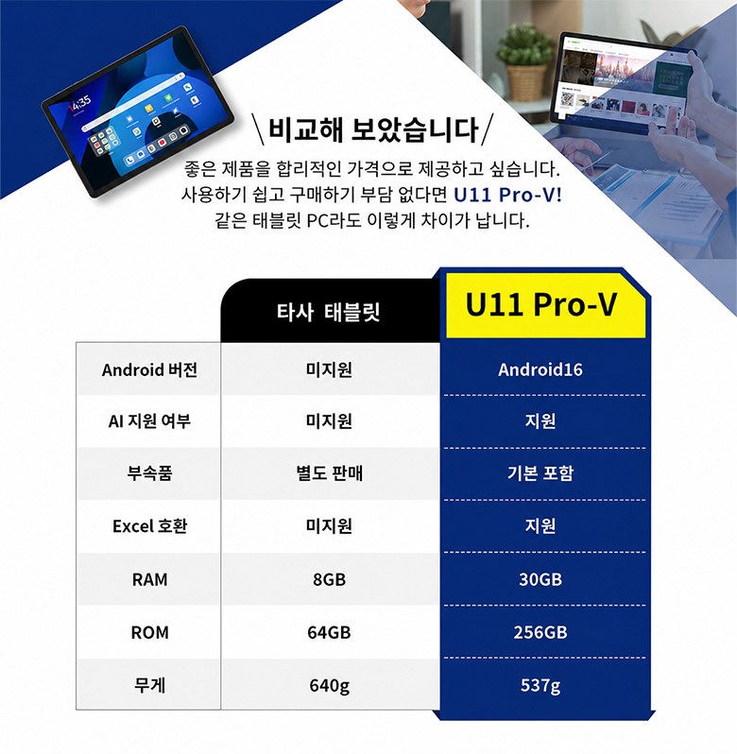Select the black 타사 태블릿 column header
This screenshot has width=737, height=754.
coord(330,312)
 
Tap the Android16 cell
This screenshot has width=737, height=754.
coord(540,369)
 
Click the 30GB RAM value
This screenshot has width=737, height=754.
coord(540,579)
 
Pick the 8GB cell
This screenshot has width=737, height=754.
coord(330,579)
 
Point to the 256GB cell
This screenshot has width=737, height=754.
coord(540,632)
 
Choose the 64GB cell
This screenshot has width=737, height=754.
coord(330,632)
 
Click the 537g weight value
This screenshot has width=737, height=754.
coord(540,686)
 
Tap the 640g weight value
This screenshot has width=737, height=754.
coord(330,686)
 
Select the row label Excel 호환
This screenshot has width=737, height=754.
coord(149,526)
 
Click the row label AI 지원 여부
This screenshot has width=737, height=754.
coord(149,421)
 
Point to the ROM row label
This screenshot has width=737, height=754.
coord(149,632)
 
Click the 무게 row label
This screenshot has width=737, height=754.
coord(149,685)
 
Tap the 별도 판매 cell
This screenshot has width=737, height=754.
coord(330,473)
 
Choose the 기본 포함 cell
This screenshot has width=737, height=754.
coord(540,473)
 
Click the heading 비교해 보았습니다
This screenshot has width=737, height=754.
coord(373,129)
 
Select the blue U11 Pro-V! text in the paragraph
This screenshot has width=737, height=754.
coord(507,195)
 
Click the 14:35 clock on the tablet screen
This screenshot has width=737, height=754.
coord(79,103)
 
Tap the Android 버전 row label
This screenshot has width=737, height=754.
coord(149,369)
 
